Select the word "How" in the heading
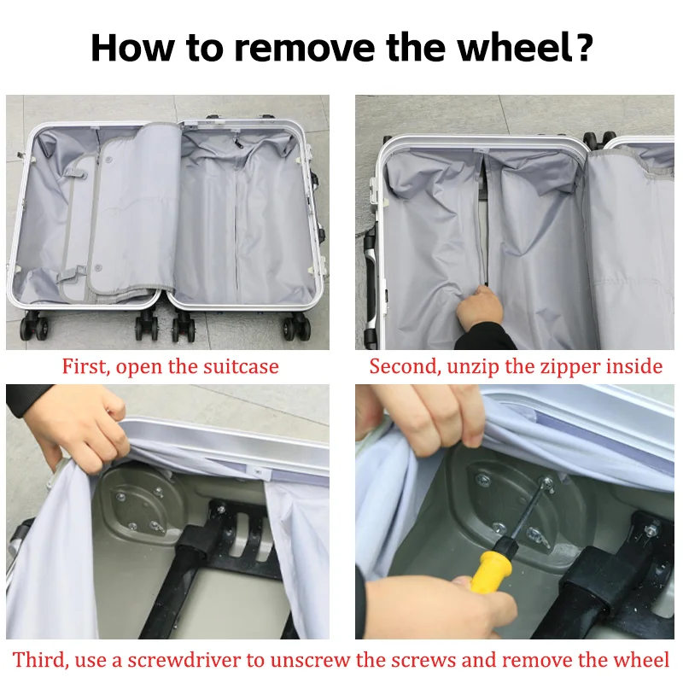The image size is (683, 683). coord(132,47)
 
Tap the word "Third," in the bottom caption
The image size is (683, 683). coord(40,659)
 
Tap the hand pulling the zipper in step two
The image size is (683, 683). coord(479,308)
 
